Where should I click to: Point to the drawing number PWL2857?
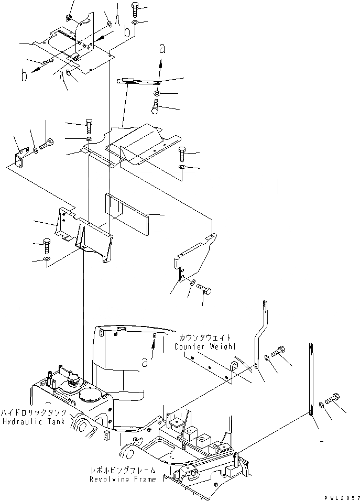pyautogui.click(x=340, y=495)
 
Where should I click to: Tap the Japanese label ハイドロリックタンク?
pyautogui.click(x=34, y=413)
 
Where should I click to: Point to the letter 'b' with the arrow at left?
pyautogui.click(x=24, y=75)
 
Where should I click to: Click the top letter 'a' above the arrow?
pyautogui.click(x=162, y=49)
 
